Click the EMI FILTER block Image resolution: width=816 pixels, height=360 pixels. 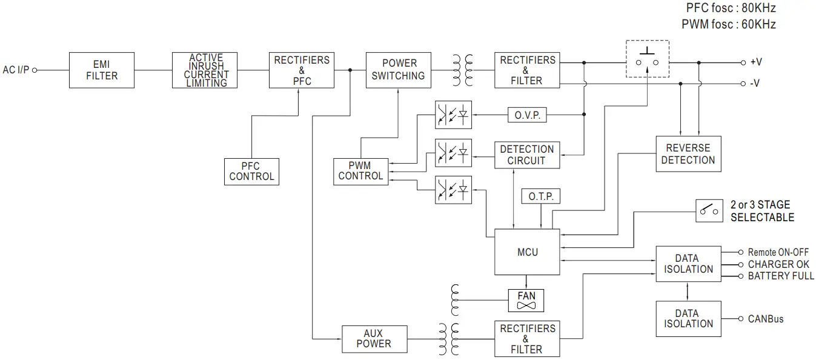[x=101, y=70]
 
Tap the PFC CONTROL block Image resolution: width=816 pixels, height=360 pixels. [x=251, y=172]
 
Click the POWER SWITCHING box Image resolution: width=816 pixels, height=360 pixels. [x=399, y=70]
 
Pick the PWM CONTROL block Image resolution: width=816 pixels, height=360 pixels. [x=360, y=171]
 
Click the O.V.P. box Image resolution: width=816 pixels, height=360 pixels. [x=527, y=115]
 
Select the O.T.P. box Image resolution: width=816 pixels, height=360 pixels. [x=540, y=197]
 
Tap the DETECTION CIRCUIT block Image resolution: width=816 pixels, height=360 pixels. [x=526, y=155]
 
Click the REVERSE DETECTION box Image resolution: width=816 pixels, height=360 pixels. [x=688, y=154]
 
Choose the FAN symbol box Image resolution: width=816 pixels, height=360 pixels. [x=526, y=300]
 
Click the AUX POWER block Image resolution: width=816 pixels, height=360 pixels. [x=373, y=339]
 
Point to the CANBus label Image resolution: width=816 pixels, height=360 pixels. [x=765, y=319]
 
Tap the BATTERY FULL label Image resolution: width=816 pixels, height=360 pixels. [x=780, y=276]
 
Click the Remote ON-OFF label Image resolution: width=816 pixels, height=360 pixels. [x=778, y=252]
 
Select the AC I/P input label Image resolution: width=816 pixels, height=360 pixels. [x=16, y=70]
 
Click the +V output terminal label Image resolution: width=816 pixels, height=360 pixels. [x=755, y=62]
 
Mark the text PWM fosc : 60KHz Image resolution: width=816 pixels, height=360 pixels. [x=728, y=24]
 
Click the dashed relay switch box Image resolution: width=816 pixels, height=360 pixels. [x=647, y=59]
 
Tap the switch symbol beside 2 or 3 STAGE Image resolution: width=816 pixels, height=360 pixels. [x=710, y=210]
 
